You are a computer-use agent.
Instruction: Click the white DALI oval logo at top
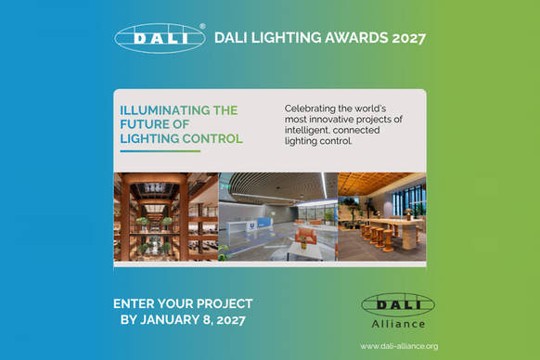160,38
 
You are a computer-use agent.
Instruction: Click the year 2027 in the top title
409,38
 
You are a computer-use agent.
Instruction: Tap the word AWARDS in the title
356,37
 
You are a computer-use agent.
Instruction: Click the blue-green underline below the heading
161,151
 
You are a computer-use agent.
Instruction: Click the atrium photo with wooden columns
166,216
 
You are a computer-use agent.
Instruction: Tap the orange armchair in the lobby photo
306,236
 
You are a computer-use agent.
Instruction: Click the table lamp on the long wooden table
408,213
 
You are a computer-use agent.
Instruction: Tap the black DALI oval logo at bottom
398,304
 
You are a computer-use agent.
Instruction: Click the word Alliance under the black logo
398,324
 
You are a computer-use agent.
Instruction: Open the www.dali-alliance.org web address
399,346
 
